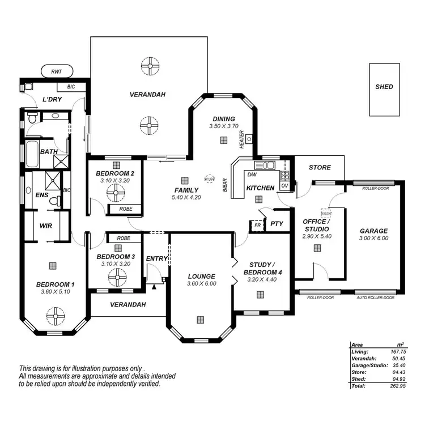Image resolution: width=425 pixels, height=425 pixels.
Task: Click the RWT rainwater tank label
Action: pos(57,72)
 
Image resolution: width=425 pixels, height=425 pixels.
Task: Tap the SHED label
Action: pos(384,87)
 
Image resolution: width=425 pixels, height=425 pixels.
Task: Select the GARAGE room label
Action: pos(374,231)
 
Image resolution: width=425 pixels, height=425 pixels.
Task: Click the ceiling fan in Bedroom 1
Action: pos(55,315)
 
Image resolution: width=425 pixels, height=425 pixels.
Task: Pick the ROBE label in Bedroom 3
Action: pos(123,239)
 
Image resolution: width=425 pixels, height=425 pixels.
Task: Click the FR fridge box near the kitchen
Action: pos(258,224)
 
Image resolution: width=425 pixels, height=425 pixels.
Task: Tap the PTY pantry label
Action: pos(277,224)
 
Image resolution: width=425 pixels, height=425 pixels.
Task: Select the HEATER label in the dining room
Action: pos(241,139)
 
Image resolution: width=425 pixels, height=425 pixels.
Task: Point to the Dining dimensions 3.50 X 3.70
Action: pos(222,126)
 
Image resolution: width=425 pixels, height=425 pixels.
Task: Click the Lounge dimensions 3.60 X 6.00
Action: pos(202,283)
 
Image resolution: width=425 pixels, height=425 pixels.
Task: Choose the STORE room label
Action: pos(320,168)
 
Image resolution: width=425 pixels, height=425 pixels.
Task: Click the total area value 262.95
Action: pos(396,385)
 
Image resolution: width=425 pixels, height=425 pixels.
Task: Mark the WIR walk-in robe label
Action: pos(45,226)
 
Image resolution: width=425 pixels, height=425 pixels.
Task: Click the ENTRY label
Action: pos(156,258)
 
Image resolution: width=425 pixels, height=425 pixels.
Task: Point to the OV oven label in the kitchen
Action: pos(284,185)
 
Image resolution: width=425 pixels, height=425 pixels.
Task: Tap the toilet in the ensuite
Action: pos(55,201)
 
